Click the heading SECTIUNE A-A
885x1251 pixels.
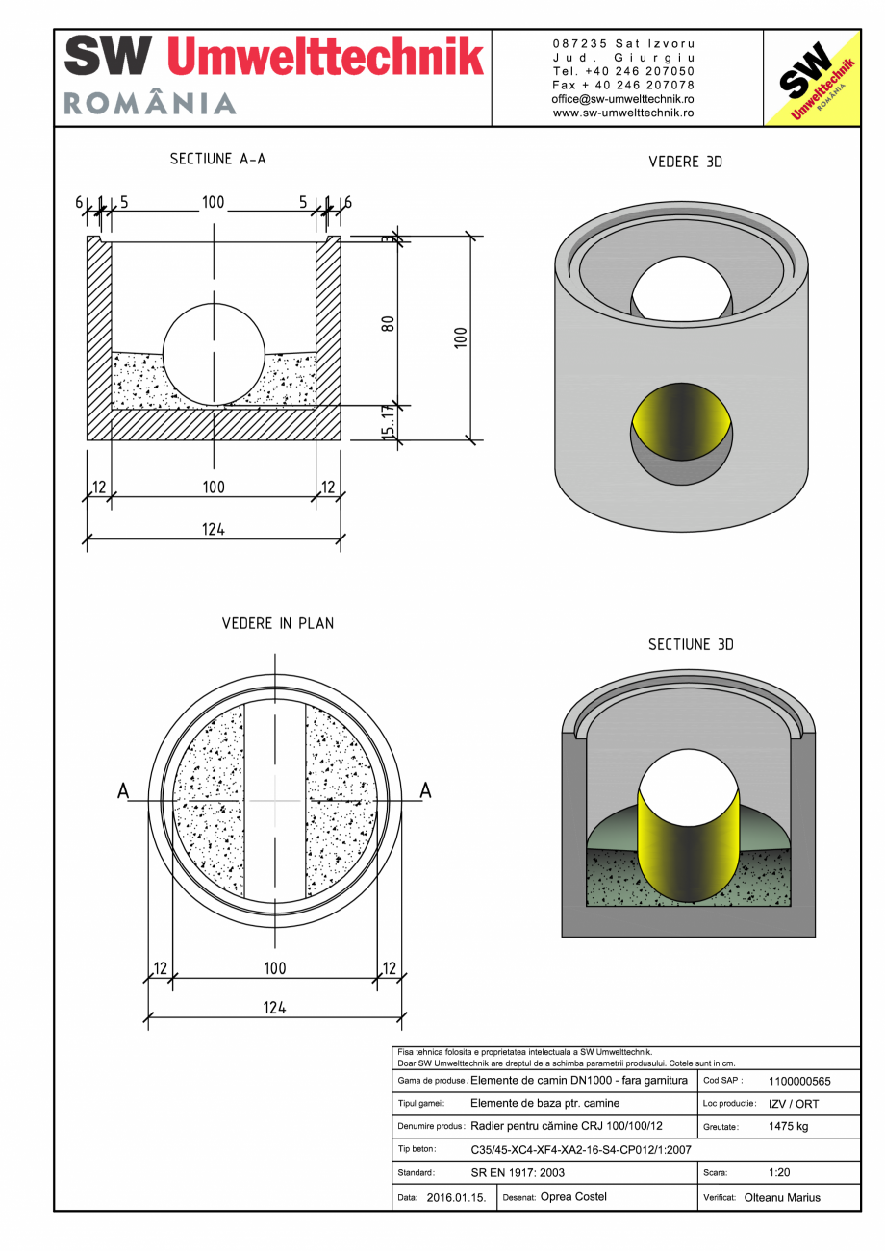218,159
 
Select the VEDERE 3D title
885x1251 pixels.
685,163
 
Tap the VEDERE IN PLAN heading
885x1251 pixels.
278,623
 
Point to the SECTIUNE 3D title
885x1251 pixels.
691,644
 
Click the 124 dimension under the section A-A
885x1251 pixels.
214,529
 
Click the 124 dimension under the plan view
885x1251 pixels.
275,1008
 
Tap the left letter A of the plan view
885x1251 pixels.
123,790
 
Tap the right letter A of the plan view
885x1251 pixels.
426,790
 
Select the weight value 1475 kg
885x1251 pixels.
789,1126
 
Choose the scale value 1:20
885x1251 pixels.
780,1173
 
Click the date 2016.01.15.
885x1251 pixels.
456,1197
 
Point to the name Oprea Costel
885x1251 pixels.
573,1197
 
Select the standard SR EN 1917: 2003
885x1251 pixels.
518,1173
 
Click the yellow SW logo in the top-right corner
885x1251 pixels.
811,78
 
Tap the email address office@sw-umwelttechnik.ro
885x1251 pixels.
623,99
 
